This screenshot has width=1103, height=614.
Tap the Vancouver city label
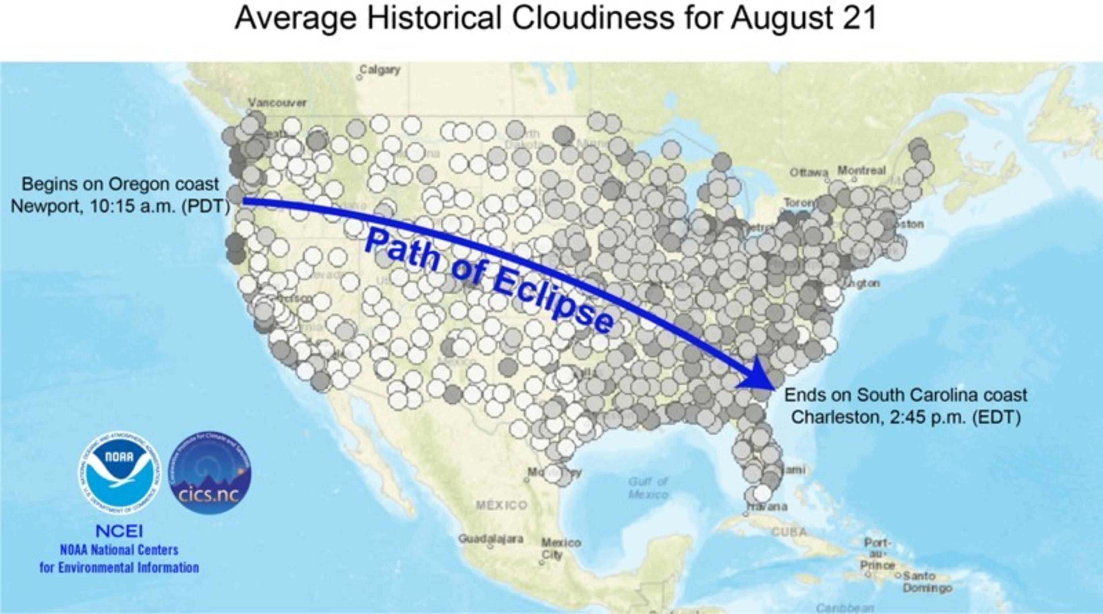pyautogui.click(x=277, y=103)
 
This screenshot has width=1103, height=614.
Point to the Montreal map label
pyautogui.click(x=861, y=170)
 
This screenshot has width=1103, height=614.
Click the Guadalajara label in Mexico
pyautogui.click(x=491, y=539)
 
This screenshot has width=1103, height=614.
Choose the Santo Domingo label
pyautogui.click(x=927, y=582)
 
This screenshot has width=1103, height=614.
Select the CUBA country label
pyautogui.click(x=789, y=532)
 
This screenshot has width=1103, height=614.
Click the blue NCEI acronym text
pyautogui.click(x=119, y=531)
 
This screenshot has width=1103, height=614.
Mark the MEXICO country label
pyautogui.click(x=502, y=505)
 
